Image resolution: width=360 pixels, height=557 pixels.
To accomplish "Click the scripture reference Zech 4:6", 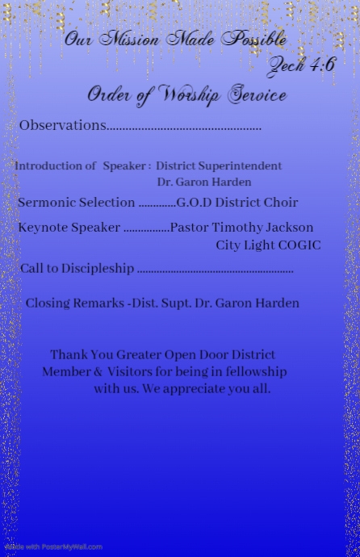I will (301, 65).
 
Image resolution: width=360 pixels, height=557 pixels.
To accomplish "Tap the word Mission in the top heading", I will (130, 39).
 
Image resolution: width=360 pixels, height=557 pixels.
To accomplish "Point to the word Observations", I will (62, 125).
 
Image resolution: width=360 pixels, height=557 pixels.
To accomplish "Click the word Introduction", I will (55, 165).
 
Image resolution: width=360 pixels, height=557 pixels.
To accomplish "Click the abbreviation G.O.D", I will (194, 203).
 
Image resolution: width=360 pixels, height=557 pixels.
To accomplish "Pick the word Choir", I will (279, 203).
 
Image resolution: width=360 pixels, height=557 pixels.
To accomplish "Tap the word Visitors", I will (130, 371).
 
